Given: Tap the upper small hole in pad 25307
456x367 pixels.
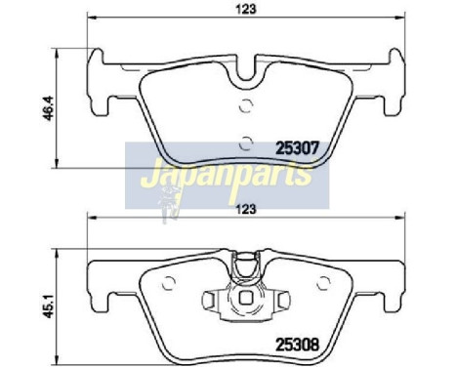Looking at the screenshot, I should pos(245,106).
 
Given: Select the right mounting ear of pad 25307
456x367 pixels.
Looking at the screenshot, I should pos(389,81).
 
